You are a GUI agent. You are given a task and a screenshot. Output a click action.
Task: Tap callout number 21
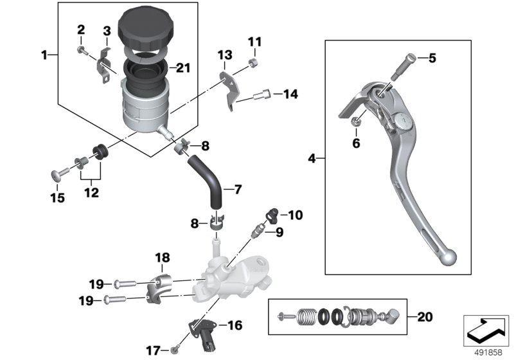tap(183, 67)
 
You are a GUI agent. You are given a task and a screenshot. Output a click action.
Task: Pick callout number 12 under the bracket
tap(91, 192)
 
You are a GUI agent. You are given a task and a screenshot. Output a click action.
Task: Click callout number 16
tap(235, 325)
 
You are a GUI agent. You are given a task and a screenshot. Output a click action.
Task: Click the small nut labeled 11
tap(254, 62)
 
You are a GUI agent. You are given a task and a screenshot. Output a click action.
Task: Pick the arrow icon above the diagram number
tap(485, 329)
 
